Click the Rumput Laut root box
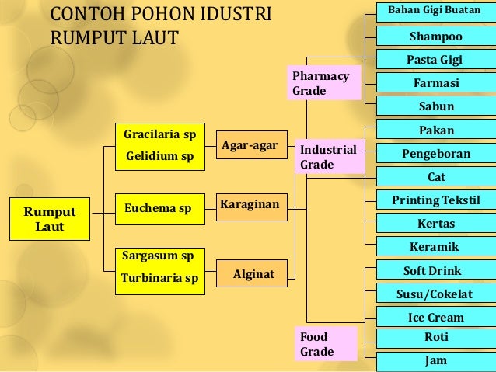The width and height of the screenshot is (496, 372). (x=50, y=220)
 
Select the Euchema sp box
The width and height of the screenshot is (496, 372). (x=159, y=208)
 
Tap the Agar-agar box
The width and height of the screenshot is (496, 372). (x=250, y=146)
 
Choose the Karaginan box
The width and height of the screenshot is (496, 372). (x=250, y=204)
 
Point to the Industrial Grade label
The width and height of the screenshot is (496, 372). (x=327, y=157)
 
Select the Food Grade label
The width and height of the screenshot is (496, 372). (x=327, y=344)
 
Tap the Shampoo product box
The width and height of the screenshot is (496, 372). (x=435, y=37)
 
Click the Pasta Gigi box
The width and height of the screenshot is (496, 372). (x=435, y=60)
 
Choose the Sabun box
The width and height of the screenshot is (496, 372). (x=435, y=106)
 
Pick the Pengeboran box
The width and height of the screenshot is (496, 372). (x=435, y=154)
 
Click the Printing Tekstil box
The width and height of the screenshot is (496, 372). (x=435, y=200)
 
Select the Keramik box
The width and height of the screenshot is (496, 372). (x=435, y=247)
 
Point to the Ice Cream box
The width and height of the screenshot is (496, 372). (x=435, y=317)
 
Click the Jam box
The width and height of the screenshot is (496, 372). (x=435, y=361)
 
